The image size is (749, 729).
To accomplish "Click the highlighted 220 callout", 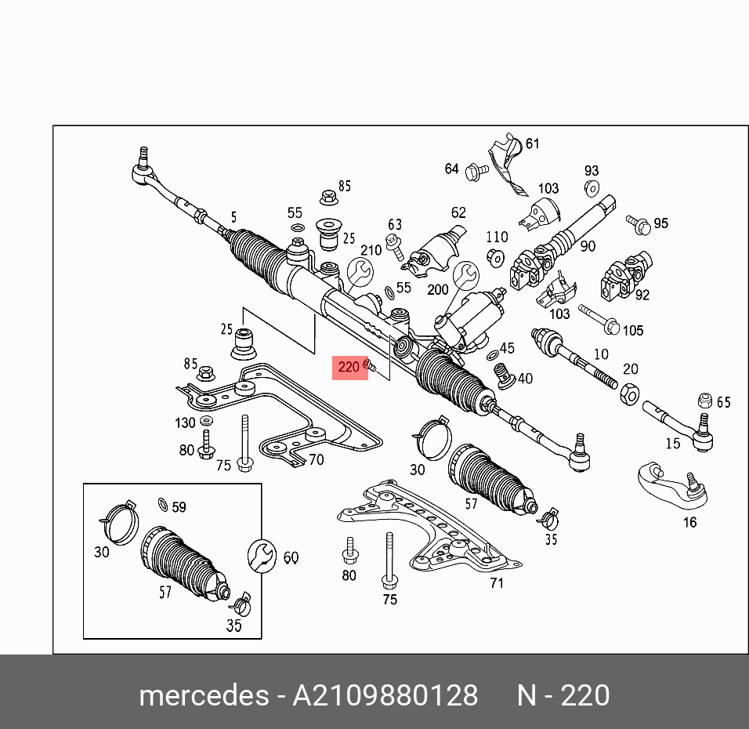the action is tap(350, 366).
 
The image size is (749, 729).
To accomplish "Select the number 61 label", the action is tap(533, 143).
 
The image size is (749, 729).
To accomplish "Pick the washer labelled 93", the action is tap(591, 187).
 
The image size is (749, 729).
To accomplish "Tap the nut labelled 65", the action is tap(704, 400).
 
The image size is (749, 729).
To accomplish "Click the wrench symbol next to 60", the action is tap(260, 556).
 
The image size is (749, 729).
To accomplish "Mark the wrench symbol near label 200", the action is tap(466, 274).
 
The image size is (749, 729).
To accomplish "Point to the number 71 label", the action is tap(497, 582).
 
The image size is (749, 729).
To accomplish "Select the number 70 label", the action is tap(316, 460).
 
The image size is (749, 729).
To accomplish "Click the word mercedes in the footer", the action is tap(202, 695).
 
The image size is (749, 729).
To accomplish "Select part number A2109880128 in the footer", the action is tap(385, 695).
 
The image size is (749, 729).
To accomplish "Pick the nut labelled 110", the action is tap(494, 256).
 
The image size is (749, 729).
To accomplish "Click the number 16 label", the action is tap(689, 522).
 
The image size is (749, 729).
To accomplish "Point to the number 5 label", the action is tap(233, 217).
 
